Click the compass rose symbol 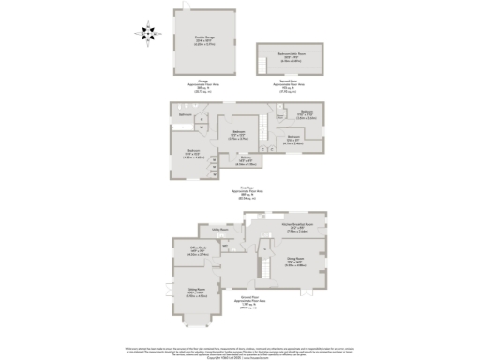click(148, 34)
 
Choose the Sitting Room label click(197, 294)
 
